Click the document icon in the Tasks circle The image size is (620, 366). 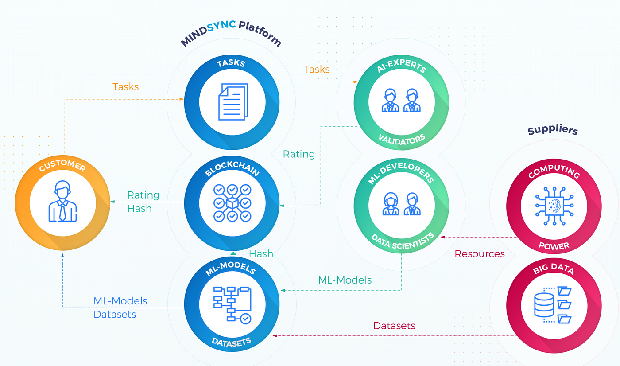pyautogui.click(x=231, y=101)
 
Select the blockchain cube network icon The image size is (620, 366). pyautogui.click(x=232, y=203)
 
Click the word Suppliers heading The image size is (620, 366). pyautogui.click(x=553, y=130)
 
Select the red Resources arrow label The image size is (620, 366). pyautogui.click(x=480, y=254)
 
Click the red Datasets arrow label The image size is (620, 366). pyautogui.click(x=394, y=326)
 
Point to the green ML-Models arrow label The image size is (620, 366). pyautogui.click(x=345, y=280)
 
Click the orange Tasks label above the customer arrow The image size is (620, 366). pyautogui.click(x=125, y=86)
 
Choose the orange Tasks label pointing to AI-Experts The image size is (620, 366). pyautogui.click(x=316, y=69)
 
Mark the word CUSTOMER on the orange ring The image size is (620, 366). pyautogui.click(x=62, y=166)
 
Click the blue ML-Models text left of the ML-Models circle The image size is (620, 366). pyautogui.click(x=120, y=301)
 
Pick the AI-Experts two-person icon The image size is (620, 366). pyautogui.click(x=400, y=101)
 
